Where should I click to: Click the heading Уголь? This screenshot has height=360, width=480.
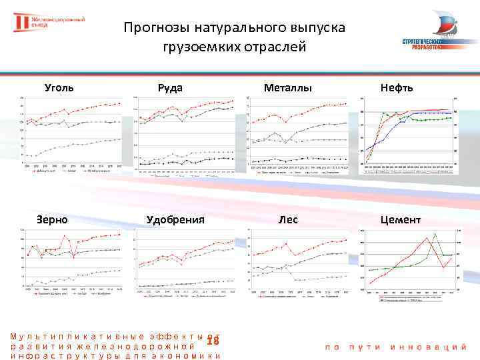click(x=59, y=87)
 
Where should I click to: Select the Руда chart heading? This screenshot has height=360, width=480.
click(x=170, y=87)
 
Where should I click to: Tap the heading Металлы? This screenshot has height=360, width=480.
click(x=288, y=87)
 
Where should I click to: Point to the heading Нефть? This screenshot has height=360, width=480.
click(x=397, y=87)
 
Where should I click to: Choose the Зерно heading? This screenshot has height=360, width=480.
click(x=51, y=219)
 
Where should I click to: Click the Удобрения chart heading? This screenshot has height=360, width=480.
click(x=175, y=219)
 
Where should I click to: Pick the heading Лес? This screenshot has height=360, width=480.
click(x=288, y=219)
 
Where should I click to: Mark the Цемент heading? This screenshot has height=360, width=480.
click(x=400, y=219)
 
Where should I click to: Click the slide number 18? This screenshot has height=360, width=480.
click(x=213, y=341)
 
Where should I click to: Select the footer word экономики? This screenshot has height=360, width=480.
click(x=191, y=356)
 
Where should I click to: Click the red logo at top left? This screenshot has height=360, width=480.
click(x=23, y=23)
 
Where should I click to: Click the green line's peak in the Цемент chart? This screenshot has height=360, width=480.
click(x=434, y=233)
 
